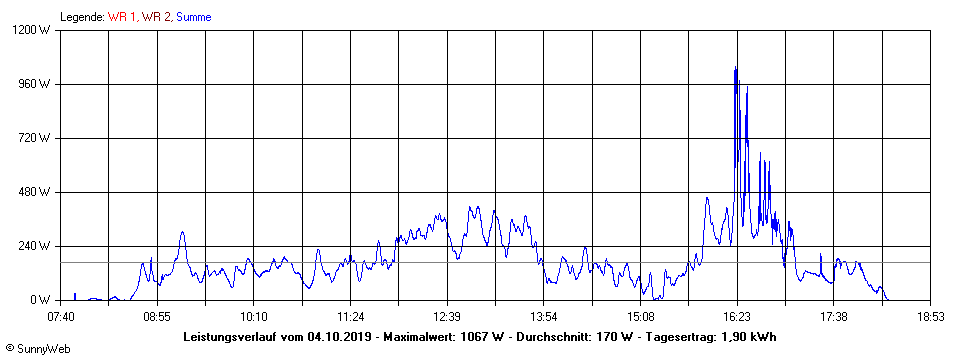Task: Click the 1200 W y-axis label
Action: tap(38, 30)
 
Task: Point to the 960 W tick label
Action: tap(40, 84)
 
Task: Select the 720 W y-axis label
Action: tap(40, 138)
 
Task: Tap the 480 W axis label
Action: tap(40, 192)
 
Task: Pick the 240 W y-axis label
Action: tap(40, 246)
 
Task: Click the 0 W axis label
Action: tap(46, 300)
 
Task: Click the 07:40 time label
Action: tap(61, 317)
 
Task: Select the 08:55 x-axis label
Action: tap(157, 317)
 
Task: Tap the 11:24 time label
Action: tap(350, 317)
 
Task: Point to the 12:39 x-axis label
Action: tap(447, 317)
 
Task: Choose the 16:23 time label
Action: tap(737, 317)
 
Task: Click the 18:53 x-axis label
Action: tap(930, 317)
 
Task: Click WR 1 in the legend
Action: tap(122, 17)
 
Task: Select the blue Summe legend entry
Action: tap(193, 17)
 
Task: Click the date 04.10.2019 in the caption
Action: tap(339, 336)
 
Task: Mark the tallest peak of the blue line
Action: tap(735, 68)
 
